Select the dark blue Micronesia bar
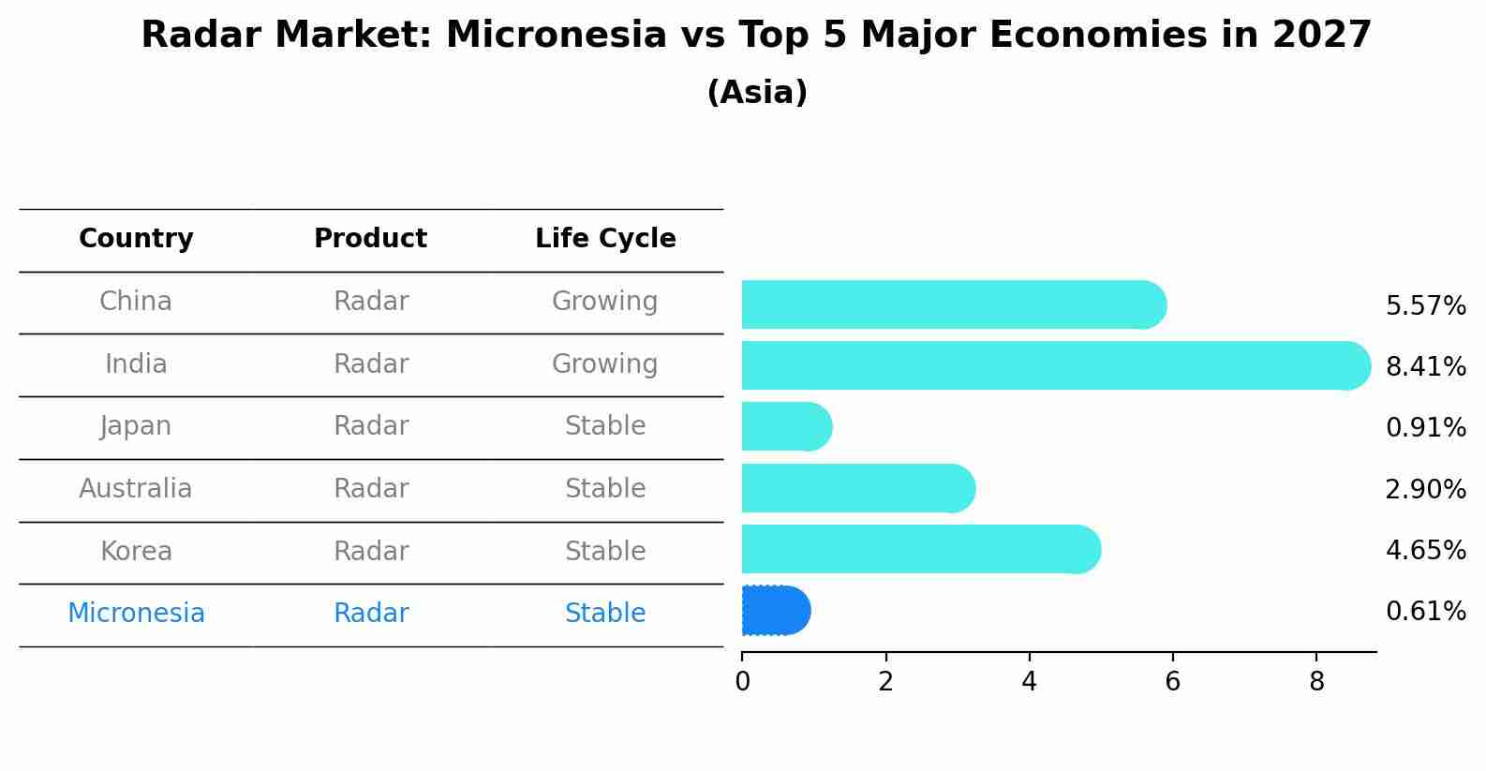pyautogui.click(x=775, y=611)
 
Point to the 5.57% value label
pyautogui.click(x=1425, y=306)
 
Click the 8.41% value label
pyautogui.click(x=1425, y=367)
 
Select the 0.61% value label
pyautogui.click(x=1425, y=612)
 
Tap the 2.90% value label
pyautogui.click(x=1425, y=490)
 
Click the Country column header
pyautogui.click(x=136, y=239)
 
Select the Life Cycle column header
pyautogui.click(x=605, y=239)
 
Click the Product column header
pyautogui.click(x=370, y=239)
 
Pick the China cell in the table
pyautogui.click(x=136, y=302)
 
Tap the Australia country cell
pyautogui.click(x=136, y=489)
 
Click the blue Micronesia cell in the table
pyautogui.click(x=136, y=614)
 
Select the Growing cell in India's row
pyautogui.click(x=604, y=364)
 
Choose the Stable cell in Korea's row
pyautogui.click(x=604, y=552)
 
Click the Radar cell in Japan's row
pyautogui.click(x=371, y=426)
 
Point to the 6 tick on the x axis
pyautogui.click(x=1172, y=682)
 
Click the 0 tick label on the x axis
pyautogui.click(x=742, y=682)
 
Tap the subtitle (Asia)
pyautogui.click(x=757, y=93)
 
